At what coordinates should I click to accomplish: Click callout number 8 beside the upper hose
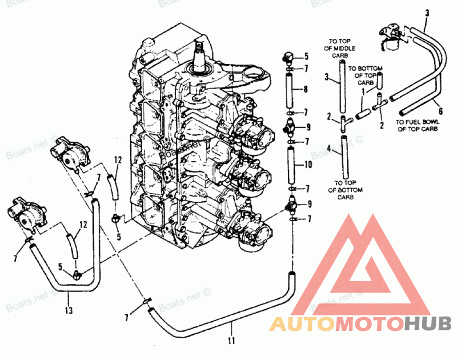pyautogui.click(x=306, y=89)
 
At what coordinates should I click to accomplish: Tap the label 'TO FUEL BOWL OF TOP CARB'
pyautogui.click(x=416, y=126)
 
